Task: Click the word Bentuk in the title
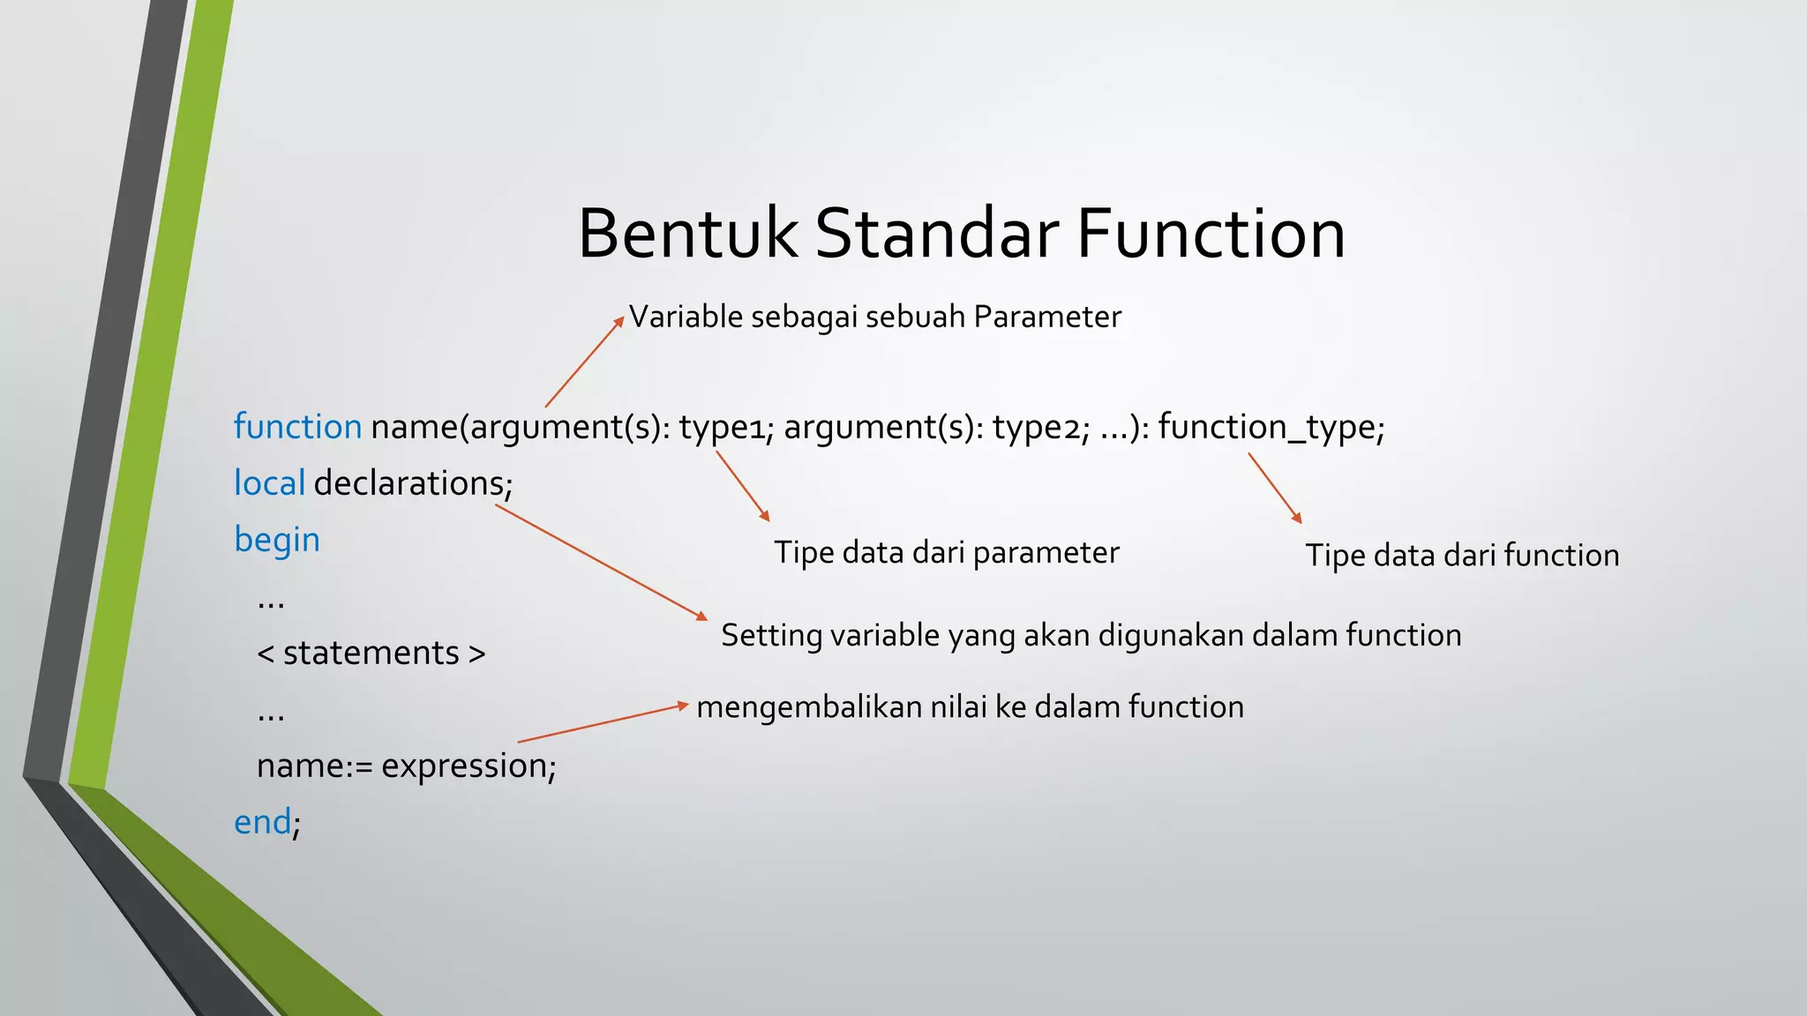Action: pyautogui.click(x=687, y=234)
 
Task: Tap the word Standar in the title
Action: pyautogui.click(x=936, y=234)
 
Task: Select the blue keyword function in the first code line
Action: pyautogui.click(x=297, y=427)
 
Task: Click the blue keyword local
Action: pyautogui.click(x=269, y=483)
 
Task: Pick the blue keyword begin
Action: pyautogui.click(x=276, y=540)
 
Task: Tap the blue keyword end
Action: pyautogui.click(x=262, y=822)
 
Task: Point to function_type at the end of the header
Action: pyautogui.click(x=1267, y=427)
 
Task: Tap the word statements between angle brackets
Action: pyautogui.click(x=371, y=654)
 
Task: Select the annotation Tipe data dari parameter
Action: pyautogui.click(x=946, y=553)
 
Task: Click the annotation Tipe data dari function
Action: pyautogui.click(x=1462, y=556)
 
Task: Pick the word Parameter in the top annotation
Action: pyautogui.click(x=1047, y=317)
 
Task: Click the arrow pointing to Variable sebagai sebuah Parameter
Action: pyautogui.click(x=584, y=362)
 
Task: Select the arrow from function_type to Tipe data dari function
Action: pyautogui.click(x=1275, y=488)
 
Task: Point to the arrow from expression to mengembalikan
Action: pyautogui.click(x=603, y=723)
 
